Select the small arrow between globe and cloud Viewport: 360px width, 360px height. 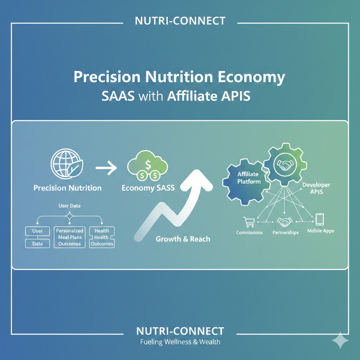click(x=106, y=168)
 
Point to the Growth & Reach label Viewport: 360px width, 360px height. click(x=183, y=239)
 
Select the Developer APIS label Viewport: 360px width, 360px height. click(x=314, y=188)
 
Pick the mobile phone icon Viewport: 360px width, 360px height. click(x=319, y=219)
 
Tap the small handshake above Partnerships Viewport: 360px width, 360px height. click(x=285, y=222)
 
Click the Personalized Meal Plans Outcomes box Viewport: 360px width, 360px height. click(x=70, y=237)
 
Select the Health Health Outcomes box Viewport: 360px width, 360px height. click(x=102, y=237)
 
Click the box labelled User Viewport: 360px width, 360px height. click(x=37, y=231)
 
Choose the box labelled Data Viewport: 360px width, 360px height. click(x=37, y=243)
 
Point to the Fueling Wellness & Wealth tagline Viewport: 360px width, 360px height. click(x=180, y=342)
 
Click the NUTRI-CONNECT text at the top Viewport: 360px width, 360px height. click(x=180, y=21)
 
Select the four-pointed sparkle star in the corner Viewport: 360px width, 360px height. click(x=340, y=340)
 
